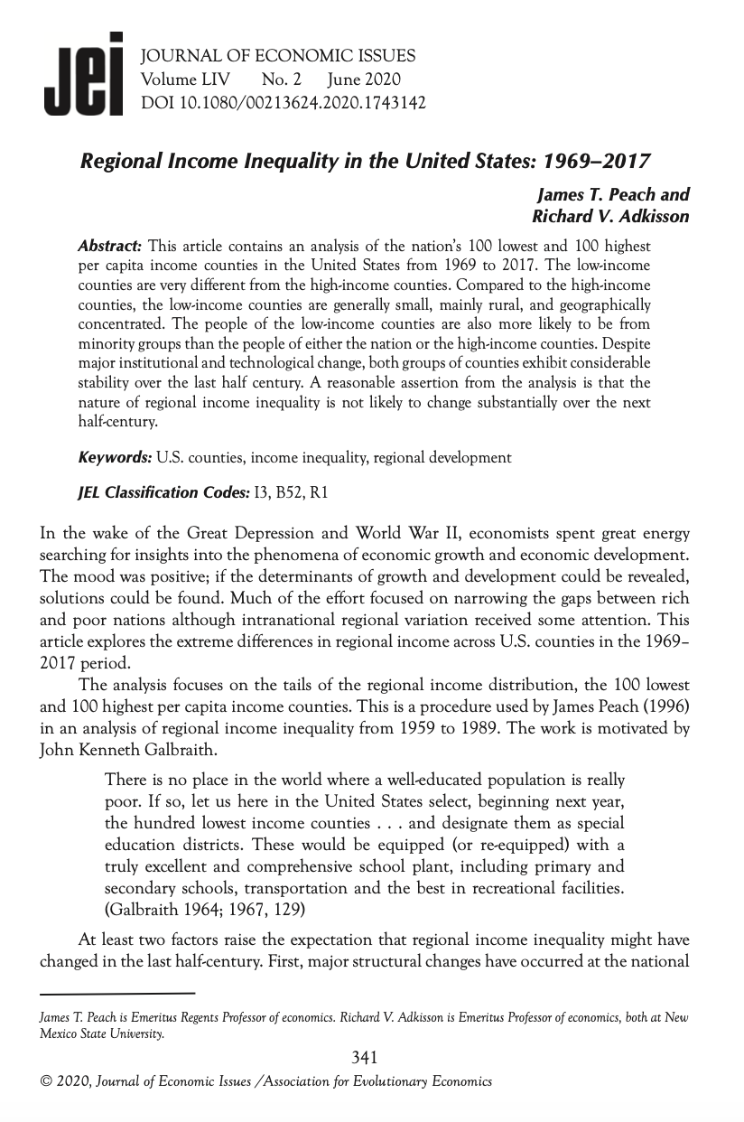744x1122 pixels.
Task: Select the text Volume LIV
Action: (x=185, y=80)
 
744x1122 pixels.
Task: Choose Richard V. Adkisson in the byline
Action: (x=610, y=217)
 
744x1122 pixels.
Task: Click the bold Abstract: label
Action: (x=111, y=246)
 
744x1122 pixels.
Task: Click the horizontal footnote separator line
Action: (x=117, y=994)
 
